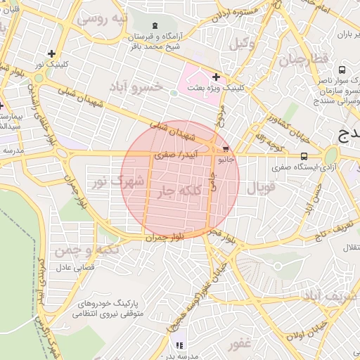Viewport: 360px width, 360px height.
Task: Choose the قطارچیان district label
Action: coord(306,59)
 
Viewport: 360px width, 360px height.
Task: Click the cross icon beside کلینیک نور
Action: coord(51,53)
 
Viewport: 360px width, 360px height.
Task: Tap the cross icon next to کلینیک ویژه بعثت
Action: coord(215,76)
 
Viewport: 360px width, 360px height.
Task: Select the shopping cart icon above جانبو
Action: coord(225,149)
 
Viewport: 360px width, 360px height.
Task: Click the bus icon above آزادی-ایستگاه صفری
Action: coord(304,156)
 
